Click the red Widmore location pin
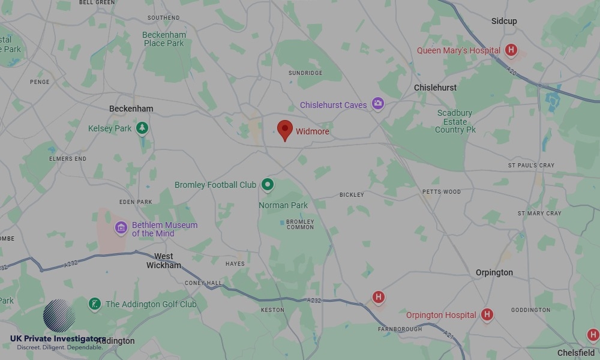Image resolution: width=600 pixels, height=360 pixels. (285, 130)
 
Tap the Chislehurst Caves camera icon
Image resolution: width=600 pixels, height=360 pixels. (377, 104)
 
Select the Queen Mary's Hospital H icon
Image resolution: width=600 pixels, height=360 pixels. (511, 50)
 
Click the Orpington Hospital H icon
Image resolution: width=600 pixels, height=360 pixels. (487, 314)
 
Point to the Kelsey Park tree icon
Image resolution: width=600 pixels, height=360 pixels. (142, 128)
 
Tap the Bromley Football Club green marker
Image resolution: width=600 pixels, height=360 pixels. (268, 185)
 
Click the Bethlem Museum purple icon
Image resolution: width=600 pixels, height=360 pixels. (121, 227)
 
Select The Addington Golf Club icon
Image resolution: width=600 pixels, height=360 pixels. (95, 304)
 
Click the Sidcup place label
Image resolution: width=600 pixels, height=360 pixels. (504, 21)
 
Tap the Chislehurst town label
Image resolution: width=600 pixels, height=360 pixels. (435, 88)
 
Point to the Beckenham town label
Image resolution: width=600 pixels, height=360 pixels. (131, 109)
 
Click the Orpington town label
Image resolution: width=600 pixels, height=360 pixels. (494, 272)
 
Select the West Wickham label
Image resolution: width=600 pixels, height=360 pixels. (164, 260)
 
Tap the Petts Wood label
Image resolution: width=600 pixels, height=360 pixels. (441, 192)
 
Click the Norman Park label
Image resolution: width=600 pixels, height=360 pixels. (283, 205)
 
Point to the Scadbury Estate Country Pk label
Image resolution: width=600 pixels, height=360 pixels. (455, 121)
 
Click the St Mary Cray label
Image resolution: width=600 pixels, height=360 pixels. (539, 213)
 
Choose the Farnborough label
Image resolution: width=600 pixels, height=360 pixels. (400, 329)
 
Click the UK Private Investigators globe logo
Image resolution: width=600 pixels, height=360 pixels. (59, 316)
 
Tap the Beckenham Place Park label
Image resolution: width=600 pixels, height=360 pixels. (164, 39)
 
